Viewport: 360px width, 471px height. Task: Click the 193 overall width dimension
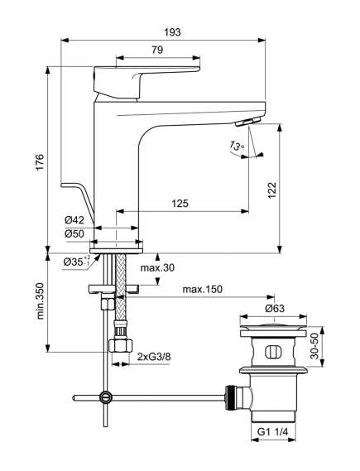click(x=173, y=32)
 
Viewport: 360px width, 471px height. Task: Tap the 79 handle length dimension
click(x=157, y=50)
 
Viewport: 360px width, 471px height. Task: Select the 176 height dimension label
click(x=40, y=162)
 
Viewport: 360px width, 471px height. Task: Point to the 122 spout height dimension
click(x=271, y=190)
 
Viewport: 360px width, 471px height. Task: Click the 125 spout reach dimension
click(x=180, y=204)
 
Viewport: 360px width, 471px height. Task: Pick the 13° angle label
click(x=238, y=146)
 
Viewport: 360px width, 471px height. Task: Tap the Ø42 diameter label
click(x=74, y=220)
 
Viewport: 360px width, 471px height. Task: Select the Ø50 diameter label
click(x=74, y=233)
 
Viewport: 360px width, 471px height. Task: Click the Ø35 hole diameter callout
click(x=77, y=262)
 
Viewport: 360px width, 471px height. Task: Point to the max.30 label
click(x=157, y=267)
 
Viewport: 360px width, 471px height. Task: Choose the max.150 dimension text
click(x=203, y=289)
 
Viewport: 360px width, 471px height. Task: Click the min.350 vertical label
click(x=40, y=300)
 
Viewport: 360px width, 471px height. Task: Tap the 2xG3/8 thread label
click(x=154, y=357)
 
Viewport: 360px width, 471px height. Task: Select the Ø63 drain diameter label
click(x=275, y=308)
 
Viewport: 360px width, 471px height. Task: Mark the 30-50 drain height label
click(x=314, y=346)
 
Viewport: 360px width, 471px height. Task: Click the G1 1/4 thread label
click(x=273, y=432)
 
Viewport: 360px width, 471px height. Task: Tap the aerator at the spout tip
click(x=247, y=122)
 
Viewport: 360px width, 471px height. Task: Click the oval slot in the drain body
click(x=273, y=352)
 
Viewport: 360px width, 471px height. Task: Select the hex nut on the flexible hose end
click(x=120, y=346)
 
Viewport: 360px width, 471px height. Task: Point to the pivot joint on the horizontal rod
click(x=105, y=397)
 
